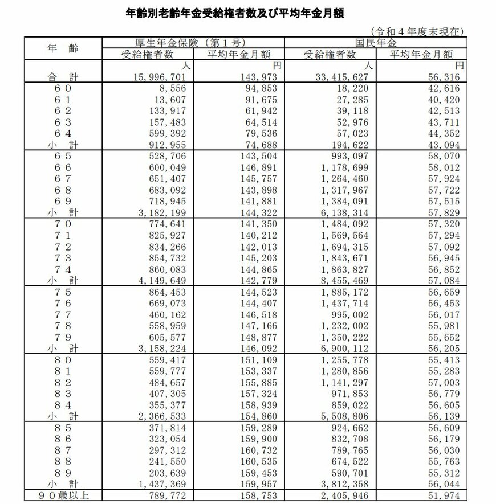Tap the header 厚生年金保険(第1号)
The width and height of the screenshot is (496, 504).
[193, 42]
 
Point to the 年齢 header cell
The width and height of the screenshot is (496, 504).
[62, 48]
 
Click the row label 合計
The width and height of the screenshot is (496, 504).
[62, 76]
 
